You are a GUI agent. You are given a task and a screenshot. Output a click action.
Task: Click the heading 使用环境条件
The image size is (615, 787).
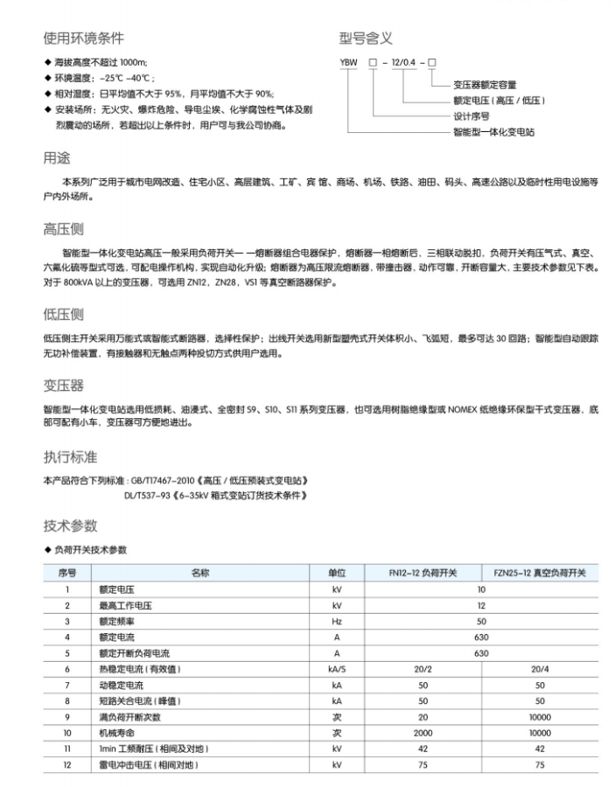coord(83,38)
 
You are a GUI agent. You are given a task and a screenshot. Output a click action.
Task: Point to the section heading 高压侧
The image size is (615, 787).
coord(63,229)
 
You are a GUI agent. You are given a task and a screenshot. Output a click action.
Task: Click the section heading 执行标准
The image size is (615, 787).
coord(70,456)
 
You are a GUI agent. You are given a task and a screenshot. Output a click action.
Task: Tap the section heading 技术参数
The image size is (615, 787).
coord(70,526)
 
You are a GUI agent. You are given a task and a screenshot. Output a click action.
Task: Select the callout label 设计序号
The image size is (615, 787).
coord(470,115)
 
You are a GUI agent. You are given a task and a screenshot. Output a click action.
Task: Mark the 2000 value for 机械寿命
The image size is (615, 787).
coord(423,732)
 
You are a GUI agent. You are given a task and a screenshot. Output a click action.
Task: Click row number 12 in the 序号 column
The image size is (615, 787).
coord(66,764)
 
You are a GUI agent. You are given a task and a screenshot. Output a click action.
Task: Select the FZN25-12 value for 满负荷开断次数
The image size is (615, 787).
coord(539,716)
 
